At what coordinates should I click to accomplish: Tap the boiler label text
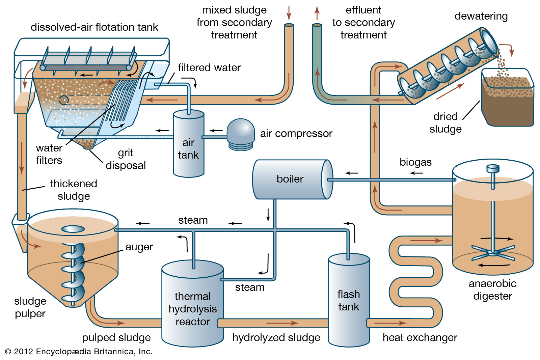point(290,179)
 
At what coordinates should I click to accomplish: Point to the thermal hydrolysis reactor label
point(192,309)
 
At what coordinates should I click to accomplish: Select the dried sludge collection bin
point(507,101)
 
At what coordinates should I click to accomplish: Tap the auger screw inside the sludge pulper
point(73,270)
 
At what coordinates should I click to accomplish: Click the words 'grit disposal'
point(126,159)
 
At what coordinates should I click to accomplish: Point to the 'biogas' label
point(415,162)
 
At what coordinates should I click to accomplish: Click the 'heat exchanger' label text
point(420,337)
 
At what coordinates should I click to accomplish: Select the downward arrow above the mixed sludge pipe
point(289,13)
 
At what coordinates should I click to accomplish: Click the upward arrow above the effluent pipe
point(317,13)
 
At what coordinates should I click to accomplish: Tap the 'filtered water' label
point(209,68)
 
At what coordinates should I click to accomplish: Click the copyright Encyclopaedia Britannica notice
point(79,352)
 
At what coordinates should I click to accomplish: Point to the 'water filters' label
point(49,154)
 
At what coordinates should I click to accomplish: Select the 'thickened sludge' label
point(74,190)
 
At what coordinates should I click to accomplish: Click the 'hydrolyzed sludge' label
point(276,337)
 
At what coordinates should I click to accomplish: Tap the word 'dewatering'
point(481,16)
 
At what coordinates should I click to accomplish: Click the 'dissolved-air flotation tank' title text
point(94,27)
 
